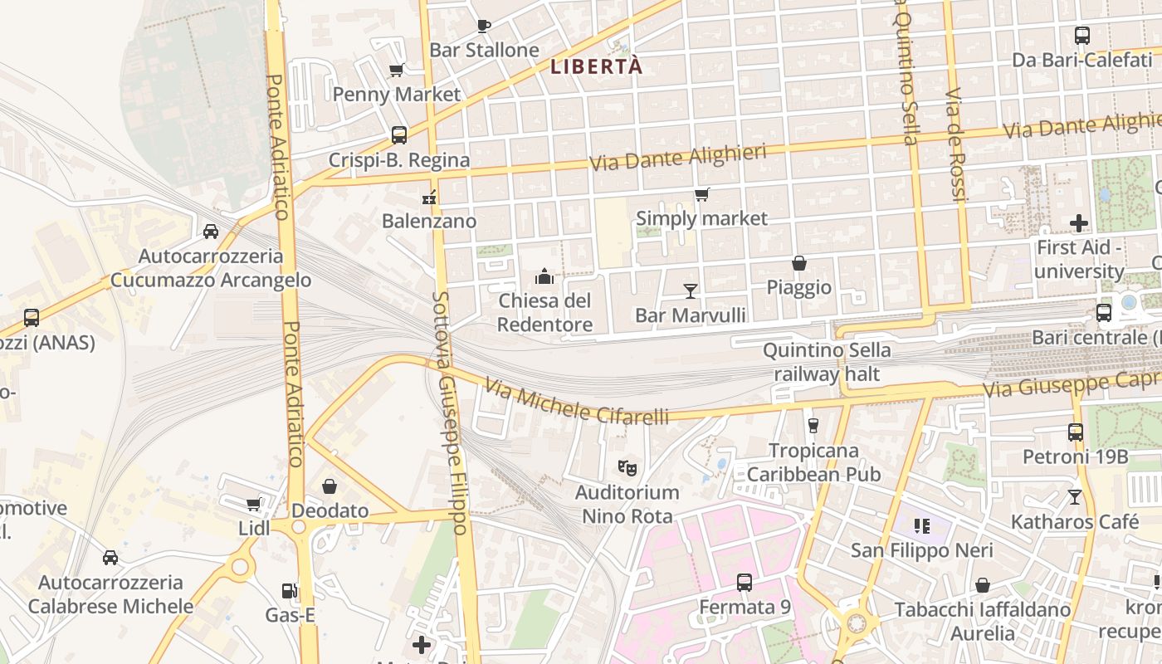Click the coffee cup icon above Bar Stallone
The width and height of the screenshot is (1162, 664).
(484, 26)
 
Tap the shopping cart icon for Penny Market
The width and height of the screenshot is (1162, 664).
(396, 71)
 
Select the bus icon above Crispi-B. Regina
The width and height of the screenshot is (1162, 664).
(399, 135)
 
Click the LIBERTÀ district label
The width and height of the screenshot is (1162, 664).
(597, 66)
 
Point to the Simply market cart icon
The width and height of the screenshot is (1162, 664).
(702, 195)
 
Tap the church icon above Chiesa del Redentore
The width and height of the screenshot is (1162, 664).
(544, 276)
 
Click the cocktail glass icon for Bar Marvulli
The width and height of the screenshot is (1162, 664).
(690, 290)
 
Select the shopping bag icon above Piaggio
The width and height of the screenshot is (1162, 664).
(798, 263)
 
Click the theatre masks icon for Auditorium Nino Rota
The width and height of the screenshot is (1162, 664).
(627, 468)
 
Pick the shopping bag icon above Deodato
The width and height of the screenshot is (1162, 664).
(330, 486)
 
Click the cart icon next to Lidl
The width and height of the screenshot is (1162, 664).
(253, 505)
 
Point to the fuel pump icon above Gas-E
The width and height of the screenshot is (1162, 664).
(290, 591)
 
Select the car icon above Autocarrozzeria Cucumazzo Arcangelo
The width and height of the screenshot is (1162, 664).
(211, 232)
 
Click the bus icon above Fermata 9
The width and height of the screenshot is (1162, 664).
(745, 583)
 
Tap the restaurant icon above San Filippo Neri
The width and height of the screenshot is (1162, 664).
(921, 525)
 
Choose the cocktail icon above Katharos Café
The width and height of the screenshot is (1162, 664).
(1075, 497)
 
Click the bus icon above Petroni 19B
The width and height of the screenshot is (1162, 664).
(1076, 432)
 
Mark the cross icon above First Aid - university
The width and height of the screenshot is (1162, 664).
(1079, 223)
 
